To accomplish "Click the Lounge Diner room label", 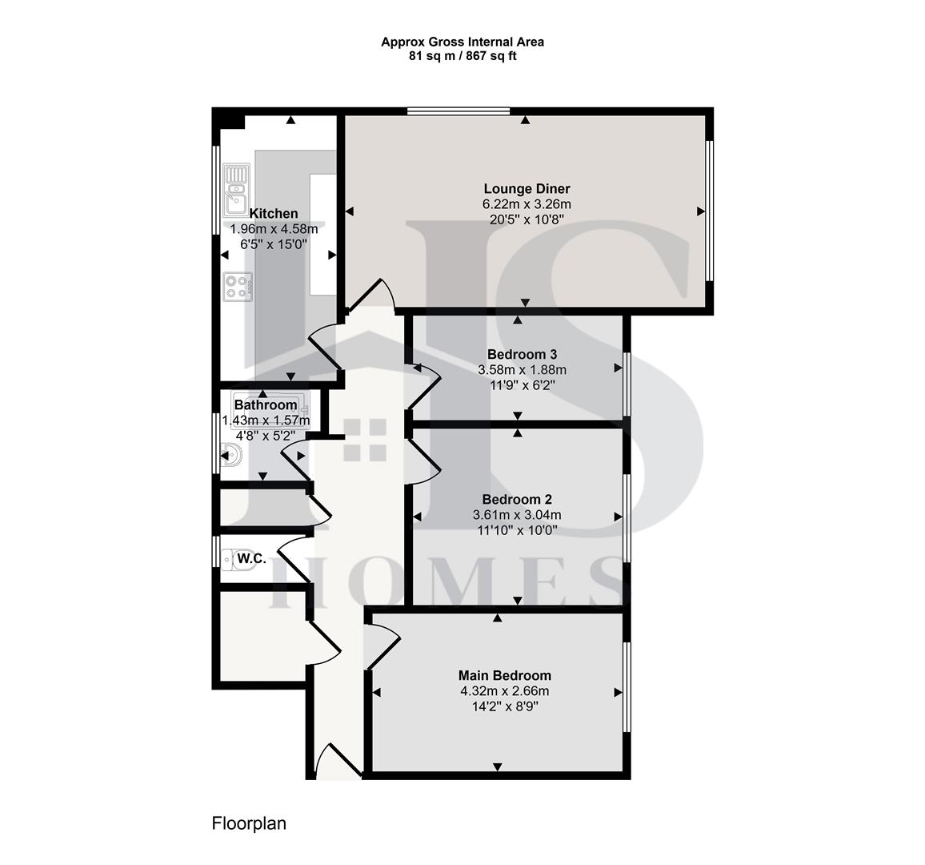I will [526, 189].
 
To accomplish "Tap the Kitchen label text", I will [274, 214].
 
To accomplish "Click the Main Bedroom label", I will [504, 675].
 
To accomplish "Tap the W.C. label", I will [252, 557].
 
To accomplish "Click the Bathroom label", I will [265, 405].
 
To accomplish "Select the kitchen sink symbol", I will [237, 188].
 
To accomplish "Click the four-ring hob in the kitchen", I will [238, 287].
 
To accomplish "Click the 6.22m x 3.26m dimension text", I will [526, 204].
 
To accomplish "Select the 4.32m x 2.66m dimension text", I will [504, 691].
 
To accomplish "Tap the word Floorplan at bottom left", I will [249, 823].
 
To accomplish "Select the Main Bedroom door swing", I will [382, 646].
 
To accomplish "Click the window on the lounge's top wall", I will [458, 111].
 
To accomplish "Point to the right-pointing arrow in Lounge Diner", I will [701, 211].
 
